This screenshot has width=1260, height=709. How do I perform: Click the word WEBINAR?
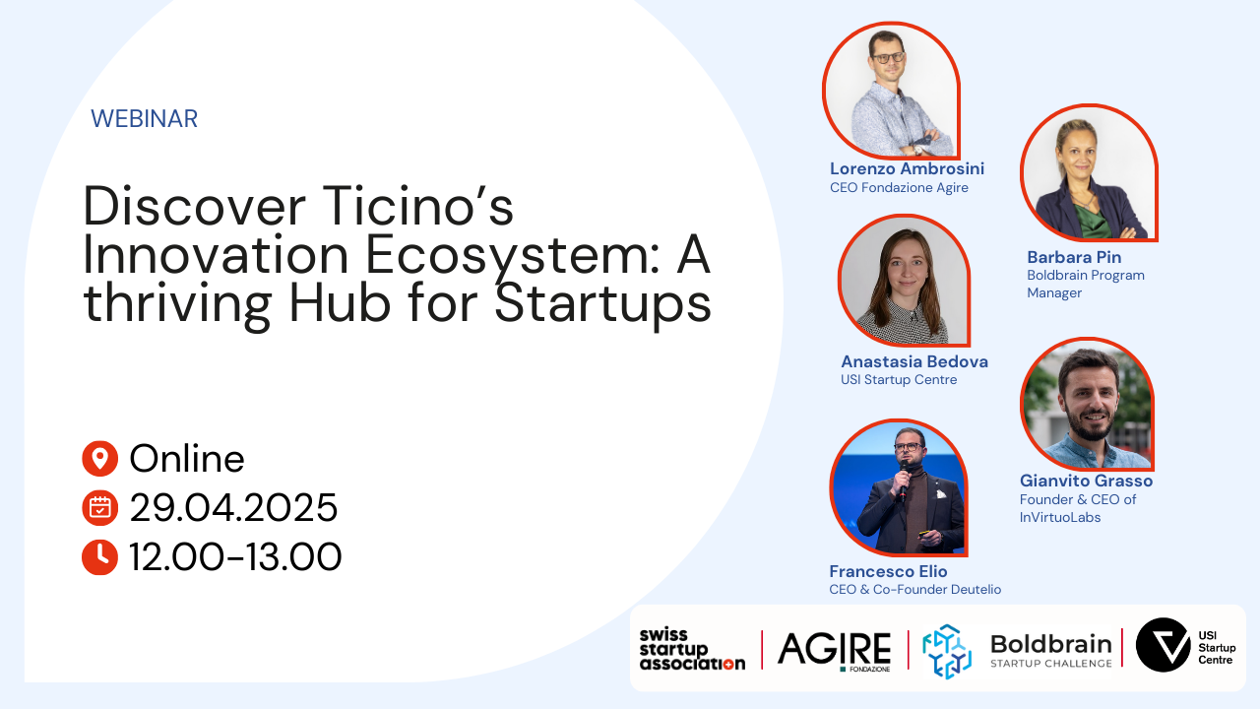click(144, 119)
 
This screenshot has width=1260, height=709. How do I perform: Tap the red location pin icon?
click(100, 459)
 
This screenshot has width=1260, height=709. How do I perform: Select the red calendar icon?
click(100, 507)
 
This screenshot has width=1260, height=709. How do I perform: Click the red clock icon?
click(100, 556)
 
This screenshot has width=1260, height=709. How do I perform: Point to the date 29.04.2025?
click(233, 507)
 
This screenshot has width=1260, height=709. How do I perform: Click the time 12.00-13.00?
click(235, 557)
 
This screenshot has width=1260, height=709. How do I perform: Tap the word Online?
click(187, 459)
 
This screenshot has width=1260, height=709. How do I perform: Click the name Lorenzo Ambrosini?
click(907, 168)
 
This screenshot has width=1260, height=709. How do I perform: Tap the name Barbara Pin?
click(1074, 257)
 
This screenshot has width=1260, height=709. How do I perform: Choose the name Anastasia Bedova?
click(914, 361)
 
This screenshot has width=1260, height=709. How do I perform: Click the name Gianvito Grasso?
click(1086, 481)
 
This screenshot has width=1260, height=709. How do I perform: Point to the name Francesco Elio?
click(888, 571)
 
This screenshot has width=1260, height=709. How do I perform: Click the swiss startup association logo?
click(692, 649)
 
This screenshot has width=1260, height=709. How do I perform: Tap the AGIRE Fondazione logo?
click(834, 651)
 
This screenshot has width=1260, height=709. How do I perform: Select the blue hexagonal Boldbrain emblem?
click(947, 651)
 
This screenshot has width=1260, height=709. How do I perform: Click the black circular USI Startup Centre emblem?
click(1163, 645)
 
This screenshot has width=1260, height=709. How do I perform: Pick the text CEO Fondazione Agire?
click(899, 187)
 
